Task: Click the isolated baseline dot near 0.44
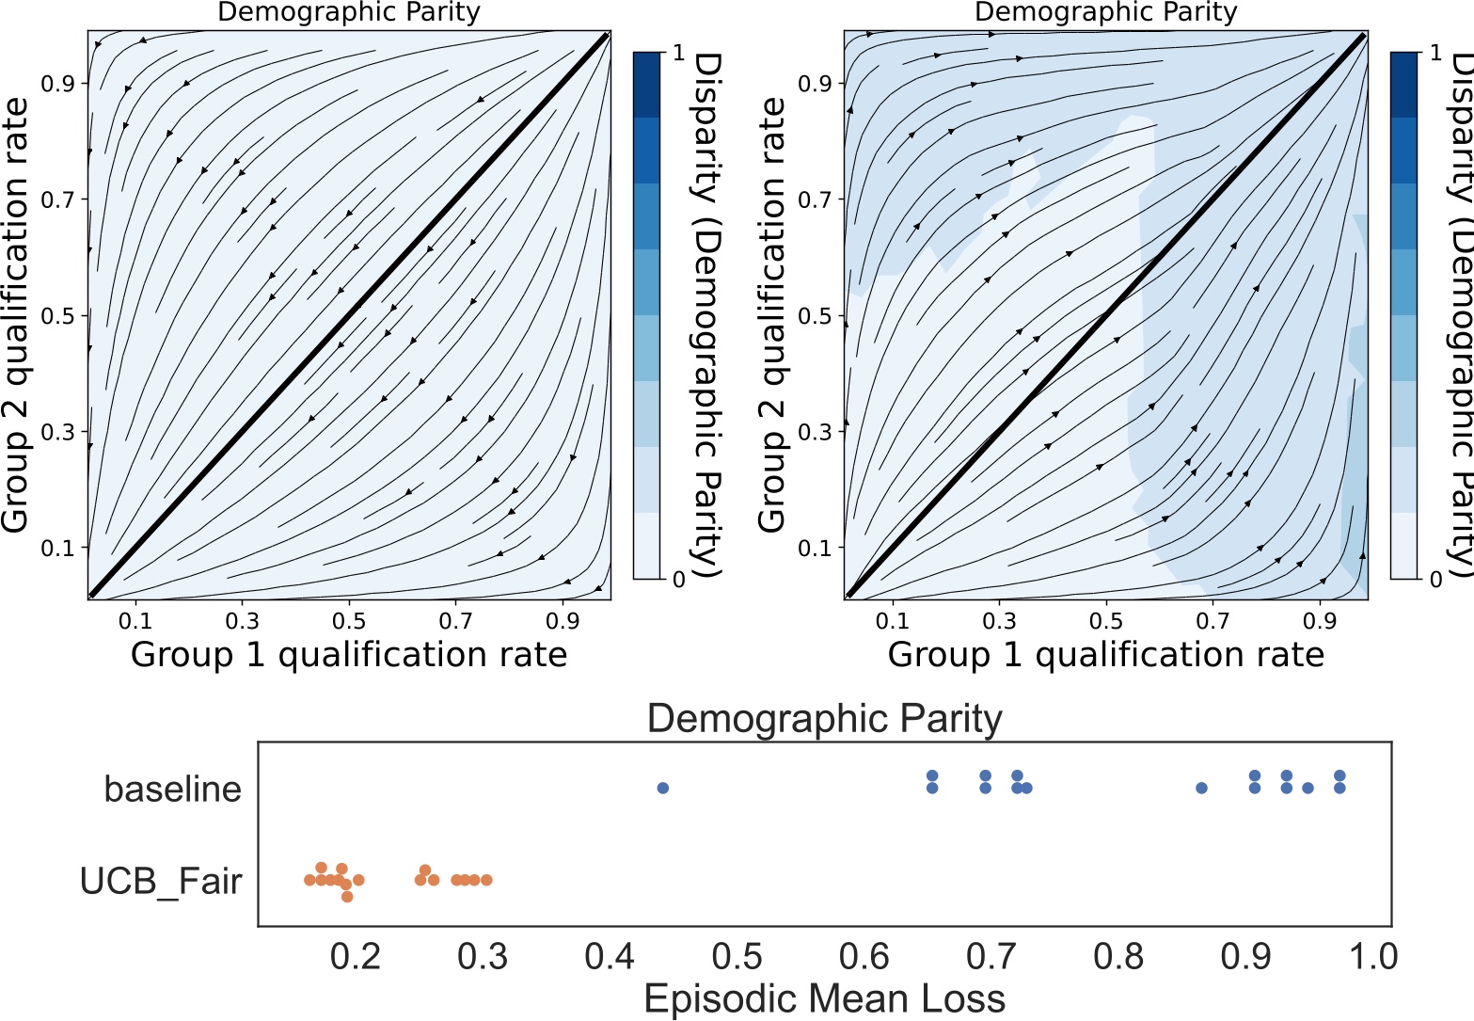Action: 662,788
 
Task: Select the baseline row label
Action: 172,789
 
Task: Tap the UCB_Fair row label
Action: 161,881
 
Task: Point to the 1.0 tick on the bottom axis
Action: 1375,957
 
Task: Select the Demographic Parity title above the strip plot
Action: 824,720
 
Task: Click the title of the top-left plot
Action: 349,12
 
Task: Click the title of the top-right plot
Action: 1105,12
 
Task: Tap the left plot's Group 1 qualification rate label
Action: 349,654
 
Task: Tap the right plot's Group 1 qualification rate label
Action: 1105,654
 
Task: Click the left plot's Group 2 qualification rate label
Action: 16,315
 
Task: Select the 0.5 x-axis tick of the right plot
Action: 1106,621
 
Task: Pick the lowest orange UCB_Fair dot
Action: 347,896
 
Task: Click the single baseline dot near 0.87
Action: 1201,788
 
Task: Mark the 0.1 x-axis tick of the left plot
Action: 135,621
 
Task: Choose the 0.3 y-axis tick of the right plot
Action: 815,432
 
